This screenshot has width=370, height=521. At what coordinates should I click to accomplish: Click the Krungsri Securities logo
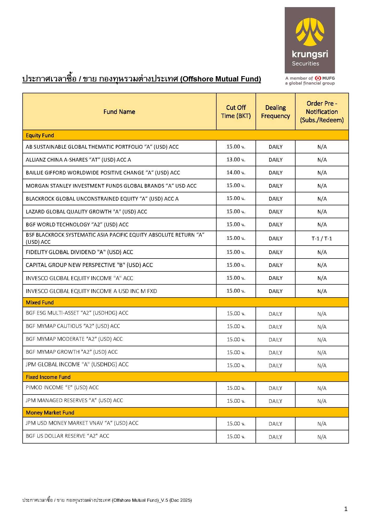click(x=310, y=40)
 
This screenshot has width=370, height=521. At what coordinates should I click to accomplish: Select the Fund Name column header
click(x=119, y=112)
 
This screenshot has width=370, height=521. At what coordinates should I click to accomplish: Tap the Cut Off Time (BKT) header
click(x=236, y=112)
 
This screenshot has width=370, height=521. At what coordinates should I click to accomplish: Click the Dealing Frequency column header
click(x=276, y=112)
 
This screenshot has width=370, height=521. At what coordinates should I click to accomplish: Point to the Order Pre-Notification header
click(x=322, y=112)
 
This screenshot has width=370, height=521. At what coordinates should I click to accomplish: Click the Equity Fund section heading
click(x=40, y=135)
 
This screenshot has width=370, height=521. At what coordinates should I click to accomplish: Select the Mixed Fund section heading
click(x=40, y=303)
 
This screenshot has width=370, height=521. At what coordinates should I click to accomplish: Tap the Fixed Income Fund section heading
click(x=48, y=377)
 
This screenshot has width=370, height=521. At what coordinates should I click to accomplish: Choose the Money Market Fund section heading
click(x=50, y=413)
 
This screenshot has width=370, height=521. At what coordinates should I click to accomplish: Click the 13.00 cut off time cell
click(x=236, y=160)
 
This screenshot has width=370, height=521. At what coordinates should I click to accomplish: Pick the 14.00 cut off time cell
click(x=236, y=173)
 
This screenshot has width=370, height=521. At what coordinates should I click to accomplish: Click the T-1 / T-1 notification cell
click(x=322, y=238)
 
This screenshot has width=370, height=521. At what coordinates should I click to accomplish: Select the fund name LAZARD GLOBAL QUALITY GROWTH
click(x=86, y=212)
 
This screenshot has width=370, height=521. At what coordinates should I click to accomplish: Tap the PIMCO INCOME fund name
click(x=62, y=388)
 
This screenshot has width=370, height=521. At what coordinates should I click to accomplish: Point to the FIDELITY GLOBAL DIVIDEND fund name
click(x=79, y=252)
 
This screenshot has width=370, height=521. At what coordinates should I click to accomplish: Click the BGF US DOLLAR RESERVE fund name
click(x=67, y=436)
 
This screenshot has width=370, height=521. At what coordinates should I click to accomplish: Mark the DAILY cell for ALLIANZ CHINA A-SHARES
click(x=276, y=160)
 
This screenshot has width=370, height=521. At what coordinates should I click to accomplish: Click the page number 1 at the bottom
click(x=346, y=509)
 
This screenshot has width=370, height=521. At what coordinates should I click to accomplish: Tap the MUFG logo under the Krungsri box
click(x=325, y=78)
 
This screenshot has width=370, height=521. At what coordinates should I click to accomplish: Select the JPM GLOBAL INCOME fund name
click(x=77, y=364)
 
